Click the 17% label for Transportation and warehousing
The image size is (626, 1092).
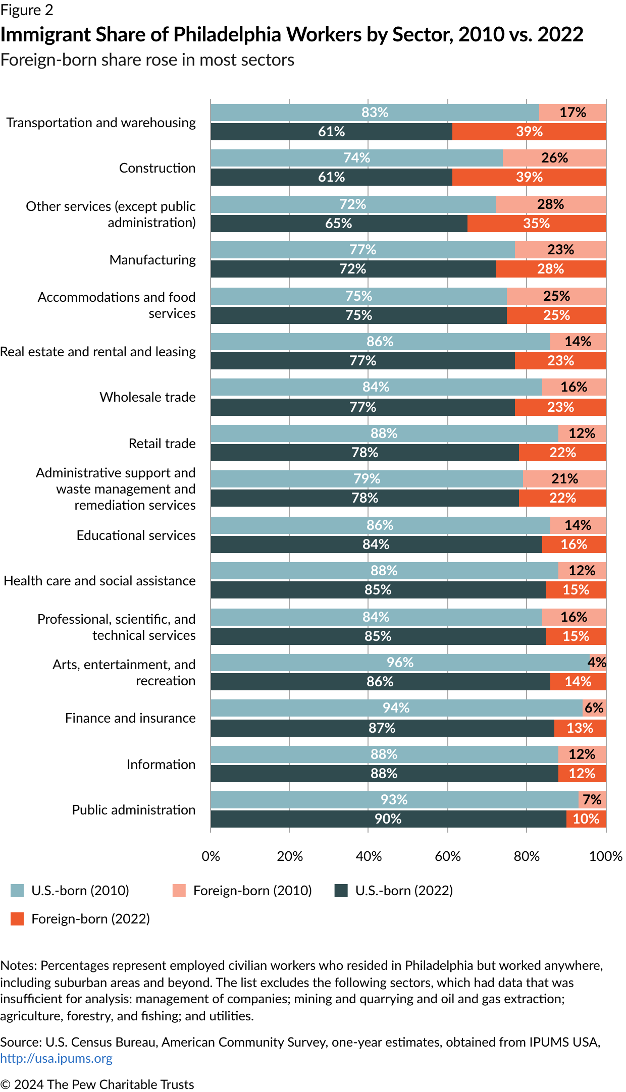pos(572,113)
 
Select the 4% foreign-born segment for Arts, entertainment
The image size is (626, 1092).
pos(597,663)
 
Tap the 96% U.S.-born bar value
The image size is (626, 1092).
pos(400,663)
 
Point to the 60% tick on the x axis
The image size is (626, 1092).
pos(447,856)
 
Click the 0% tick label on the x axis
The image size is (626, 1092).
pos(211,856)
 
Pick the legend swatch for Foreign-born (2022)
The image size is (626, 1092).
pos(17,919)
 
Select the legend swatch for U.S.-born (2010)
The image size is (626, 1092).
pos(17,891)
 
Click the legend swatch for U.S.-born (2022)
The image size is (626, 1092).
pos(341,891)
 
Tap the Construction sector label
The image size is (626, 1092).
pos(157,168)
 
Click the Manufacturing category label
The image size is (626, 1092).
pos(152,260)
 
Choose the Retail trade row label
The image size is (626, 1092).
pos(162,444)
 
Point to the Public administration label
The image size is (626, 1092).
pos(134,810)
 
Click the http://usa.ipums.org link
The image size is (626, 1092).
pos(57,1058)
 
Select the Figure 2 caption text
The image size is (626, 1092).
pos(27,10)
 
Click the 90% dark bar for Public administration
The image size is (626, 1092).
pos(388,819)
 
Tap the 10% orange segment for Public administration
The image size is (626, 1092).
pos(586,819)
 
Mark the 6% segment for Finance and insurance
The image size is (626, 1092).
pos(594,708)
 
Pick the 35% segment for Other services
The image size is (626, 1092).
pos(536,224)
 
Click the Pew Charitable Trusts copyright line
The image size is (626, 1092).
pos(97,1084)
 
